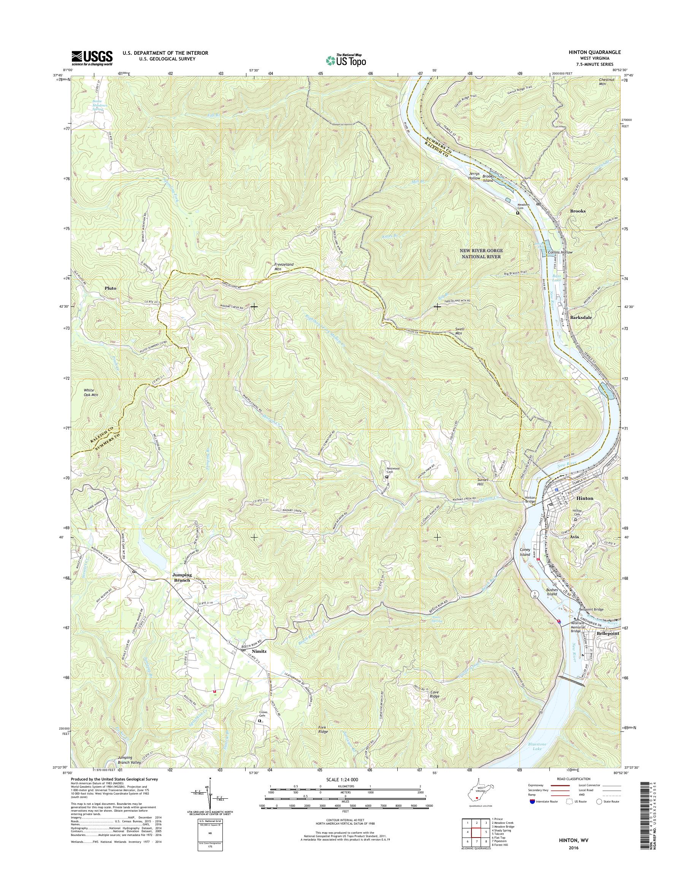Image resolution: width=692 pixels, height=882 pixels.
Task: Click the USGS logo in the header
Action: [92, 58]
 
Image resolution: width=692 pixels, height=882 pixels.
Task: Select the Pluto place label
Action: [110, 288]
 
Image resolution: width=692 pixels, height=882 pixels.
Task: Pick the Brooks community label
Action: [578, 211]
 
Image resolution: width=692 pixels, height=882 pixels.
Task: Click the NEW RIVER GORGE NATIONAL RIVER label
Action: [481, 253]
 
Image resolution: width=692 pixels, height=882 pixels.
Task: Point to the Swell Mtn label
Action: [459, 331]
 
